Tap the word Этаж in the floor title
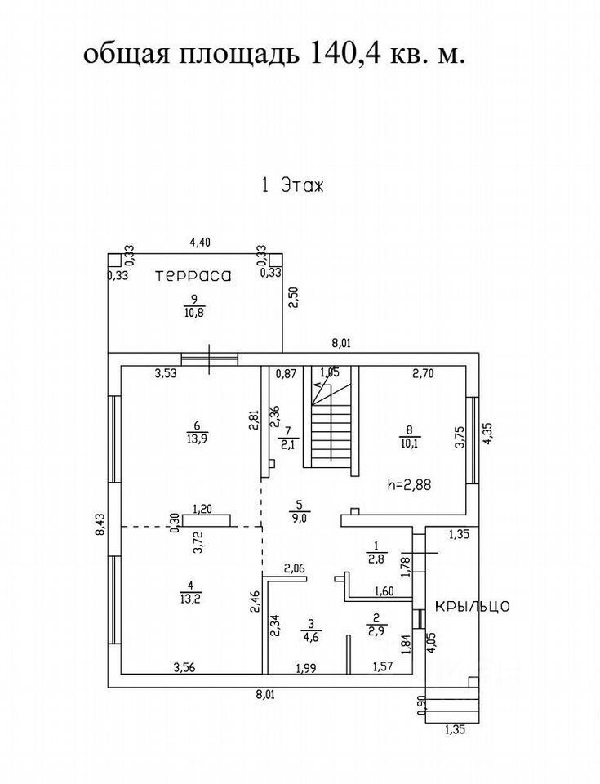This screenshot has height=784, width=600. tap(303, 185)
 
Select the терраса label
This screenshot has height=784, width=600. tap(193, 276)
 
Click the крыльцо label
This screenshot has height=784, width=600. tap(473, 606)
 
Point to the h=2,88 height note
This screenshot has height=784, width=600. tap(408, 483)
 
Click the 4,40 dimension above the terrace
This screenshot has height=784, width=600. tap(200, 242)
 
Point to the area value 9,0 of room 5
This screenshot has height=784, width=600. tap(299, 516)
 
